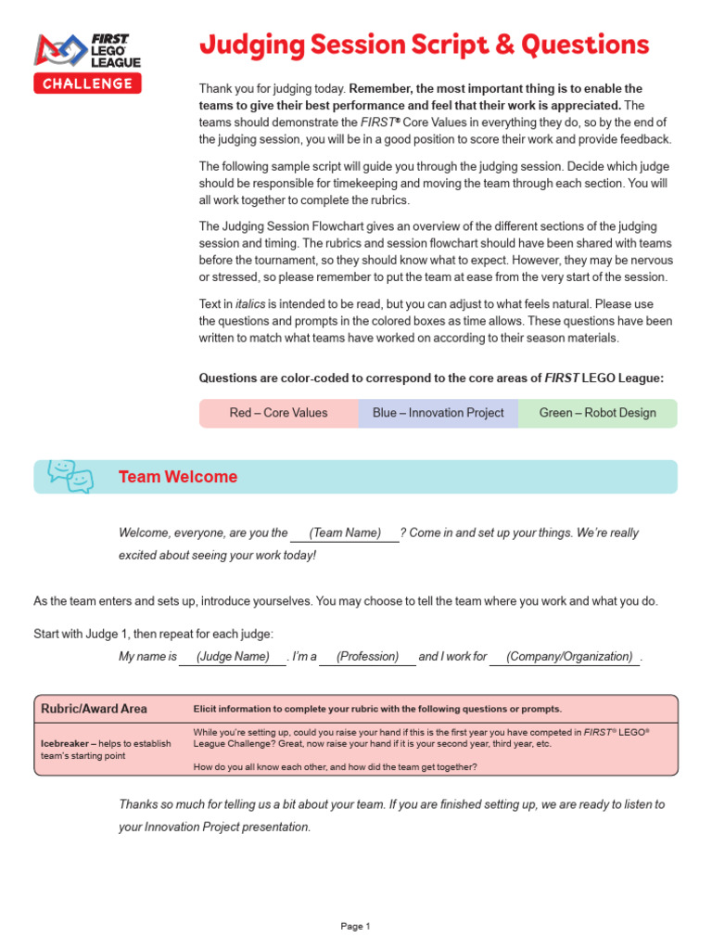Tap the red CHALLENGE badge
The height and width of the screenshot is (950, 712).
(88, 83)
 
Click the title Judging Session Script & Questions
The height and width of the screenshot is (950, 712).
(424, 45)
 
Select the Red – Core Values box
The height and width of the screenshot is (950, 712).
(278, 413)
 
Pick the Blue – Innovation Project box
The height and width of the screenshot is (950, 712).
(438, 413)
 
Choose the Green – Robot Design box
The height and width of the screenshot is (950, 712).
(597, 413)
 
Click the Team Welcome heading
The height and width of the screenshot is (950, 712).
(177, 477)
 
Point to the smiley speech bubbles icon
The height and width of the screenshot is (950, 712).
(70, 476)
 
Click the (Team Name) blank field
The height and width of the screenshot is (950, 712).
(345, 533)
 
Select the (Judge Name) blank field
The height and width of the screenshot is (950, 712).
(232, 656)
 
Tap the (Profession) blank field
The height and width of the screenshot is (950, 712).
(367, 656)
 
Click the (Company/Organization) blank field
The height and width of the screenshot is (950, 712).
(564, 656)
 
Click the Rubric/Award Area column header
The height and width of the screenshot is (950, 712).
(94, 709)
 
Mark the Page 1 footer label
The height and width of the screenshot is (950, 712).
(355, 926)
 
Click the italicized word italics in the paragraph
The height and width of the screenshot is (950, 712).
(250, 303)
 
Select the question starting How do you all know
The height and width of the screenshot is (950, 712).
(335, 766)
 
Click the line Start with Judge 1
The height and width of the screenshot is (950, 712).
(154, 634)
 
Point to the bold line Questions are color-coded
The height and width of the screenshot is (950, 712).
(431, 378)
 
